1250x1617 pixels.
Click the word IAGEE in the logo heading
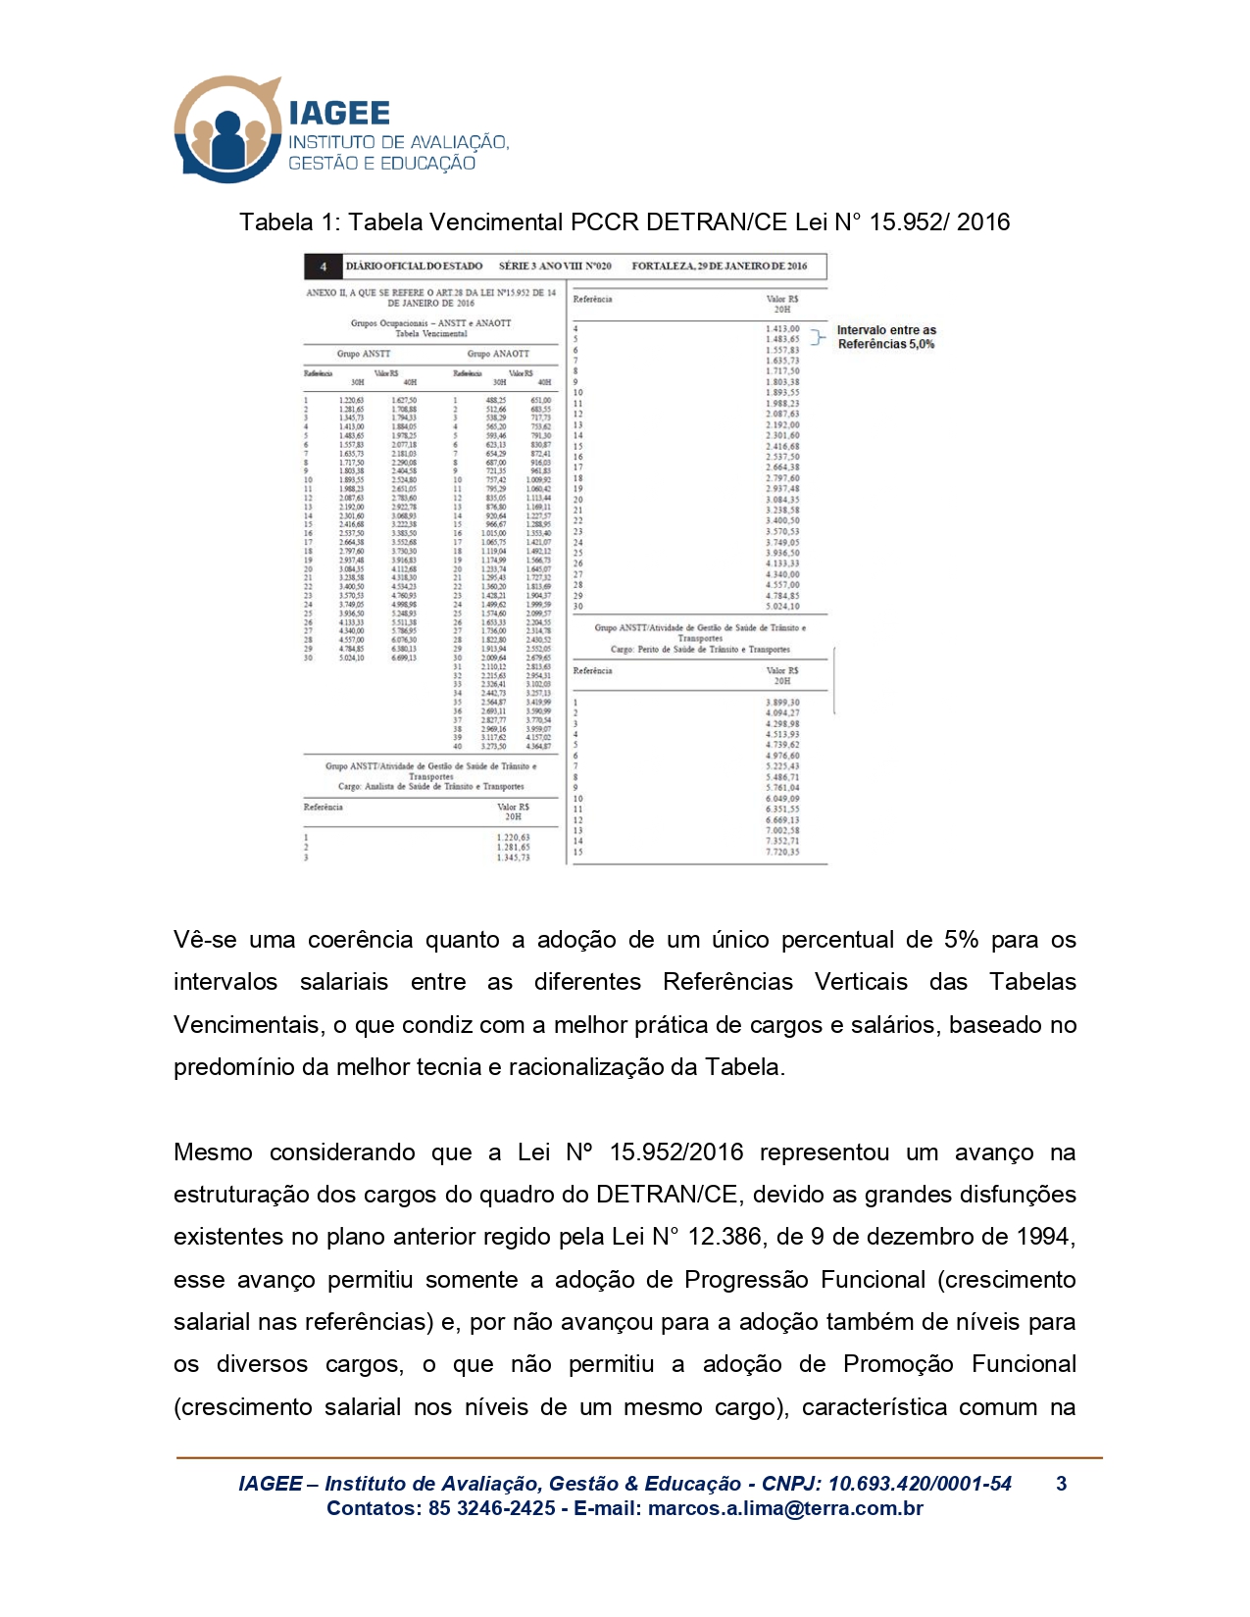click(x=339, y=113)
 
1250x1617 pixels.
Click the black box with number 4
click(x=324, y=267)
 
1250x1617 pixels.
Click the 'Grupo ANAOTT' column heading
click(x=498, y=354)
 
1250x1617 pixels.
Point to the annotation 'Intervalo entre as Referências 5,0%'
click(x=886, y=337)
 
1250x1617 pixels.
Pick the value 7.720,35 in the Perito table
click(x=782, y=852)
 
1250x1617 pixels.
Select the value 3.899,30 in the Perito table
click(x=782, y=703)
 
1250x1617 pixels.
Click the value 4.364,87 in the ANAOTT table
click(x=538, y=747)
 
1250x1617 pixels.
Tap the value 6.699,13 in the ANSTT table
click(x=404, y=658)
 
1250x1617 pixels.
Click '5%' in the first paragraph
click(x=961, y=940)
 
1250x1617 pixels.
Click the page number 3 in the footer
click(x=1061, y=1484)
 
